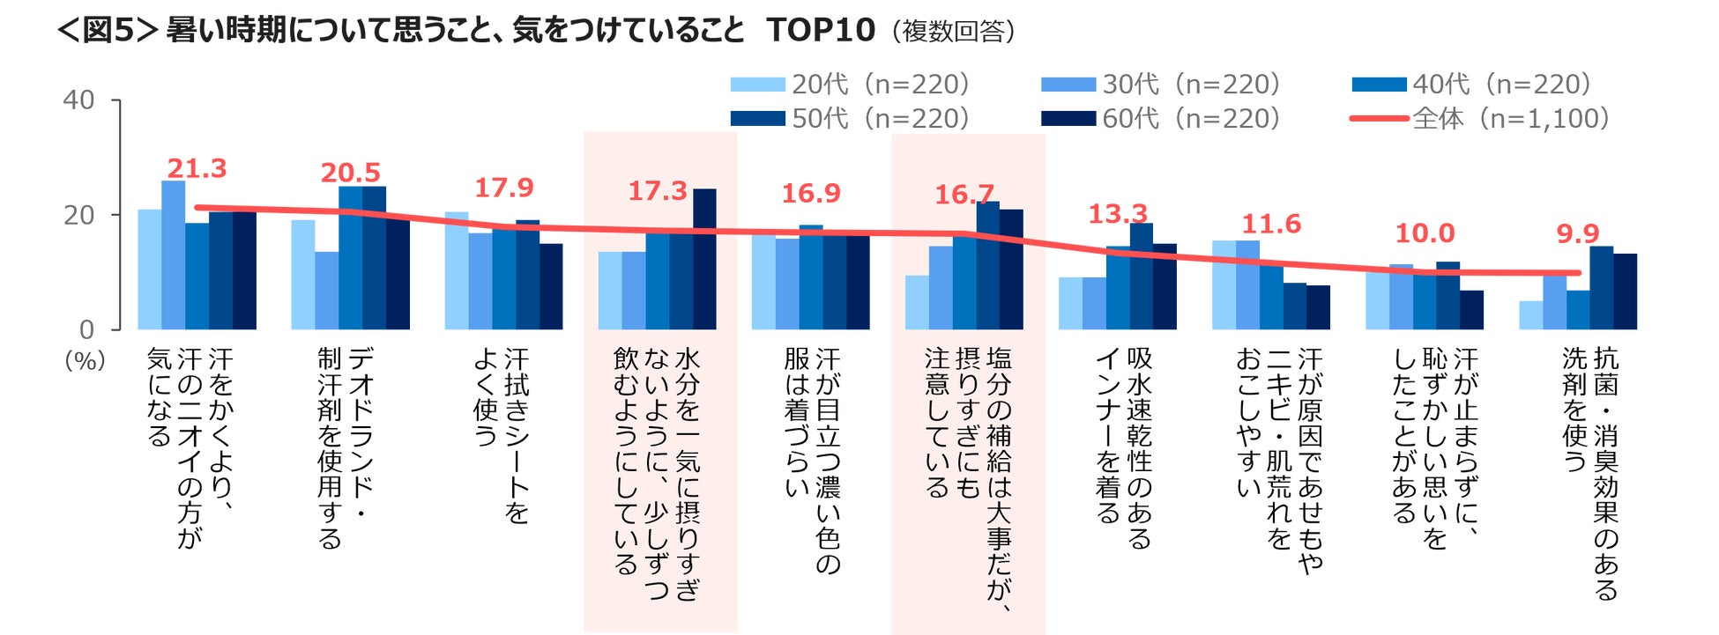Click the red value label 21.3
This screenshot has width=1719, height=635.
(x=197, y=168)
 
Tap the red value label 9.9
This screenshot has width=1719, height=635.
(x=1577, y=233)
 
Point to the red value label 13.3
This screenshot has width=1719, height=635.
(x=1117, y=213)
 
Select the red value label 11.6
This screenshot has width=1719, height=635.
(x=1270, y=224)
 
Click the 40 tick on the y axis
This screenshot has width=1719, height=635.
(x=78, y=100)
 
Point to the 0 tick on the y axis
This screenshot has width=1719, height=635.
(x=86, y=329)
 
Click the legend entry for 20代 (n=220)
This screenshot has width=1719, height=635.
(x=851, y=85)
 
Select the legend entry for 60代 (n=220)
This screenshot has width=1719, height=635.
(x=1161, y=118)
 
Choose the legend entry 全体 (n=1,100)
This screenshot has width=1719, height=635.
(x=1481, y=118)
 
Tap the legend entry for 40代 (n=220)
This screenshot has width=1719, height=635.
(x=1472, y=85)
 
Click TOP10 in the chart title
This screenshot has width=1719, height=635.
(x=820, y=31)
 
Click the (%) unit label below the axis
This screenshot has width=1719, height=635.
(x=85, y=360)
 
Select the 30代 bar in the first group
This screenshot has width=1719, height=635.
(x=173, y=255)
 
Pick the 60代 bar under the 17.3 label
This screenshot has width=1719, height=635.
(x=704, y=259)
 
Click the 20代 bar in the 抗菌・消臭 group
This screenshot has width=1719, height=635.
(x=1530, y=315)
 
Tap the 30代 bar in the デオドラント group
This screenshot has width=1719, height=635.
(x=326, y=291)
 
